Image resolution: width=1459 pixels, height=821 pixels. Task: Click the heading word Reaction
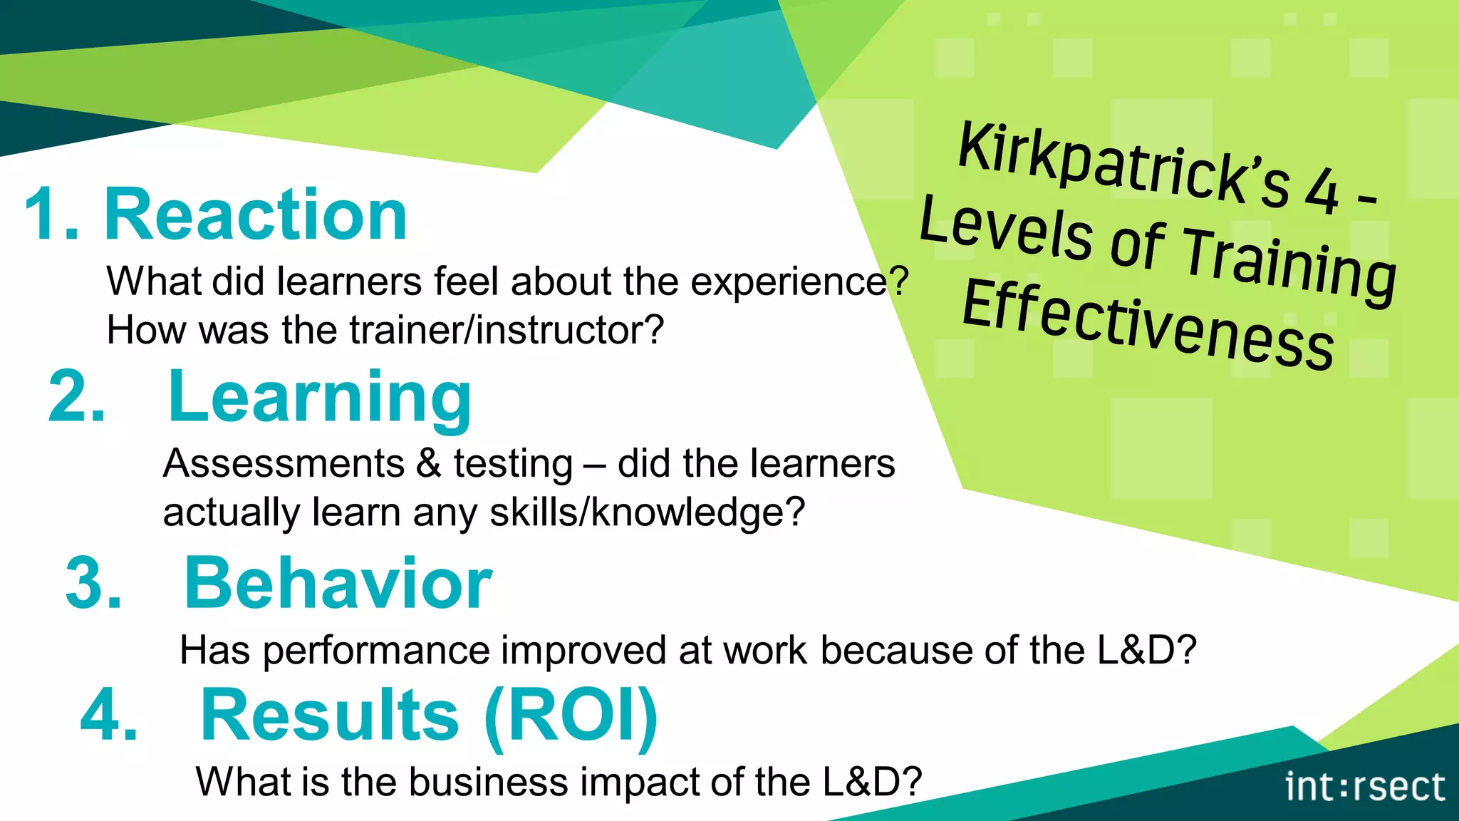[256, 215]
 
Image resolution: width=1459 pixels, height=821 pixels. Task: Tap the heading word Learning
[319, 398]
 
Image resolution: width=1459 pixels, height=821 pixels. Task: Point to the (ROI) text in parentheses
[571, 716]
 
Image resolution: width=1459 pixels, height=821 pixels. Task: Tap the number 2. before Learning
[77, 398]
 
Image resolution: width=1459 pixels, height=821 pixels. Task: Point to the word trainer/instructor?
[507, 330]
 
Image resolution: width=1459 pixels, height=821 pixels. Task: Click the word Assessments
[284, 464]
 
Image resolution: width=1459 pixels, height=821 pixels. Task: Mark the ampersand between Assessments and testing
[429, 464]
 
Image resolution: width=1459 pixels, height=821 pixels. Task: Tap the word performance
[377, 651]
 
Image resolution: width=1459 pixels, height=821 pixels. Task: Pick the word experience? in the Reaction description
[799, 282]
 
